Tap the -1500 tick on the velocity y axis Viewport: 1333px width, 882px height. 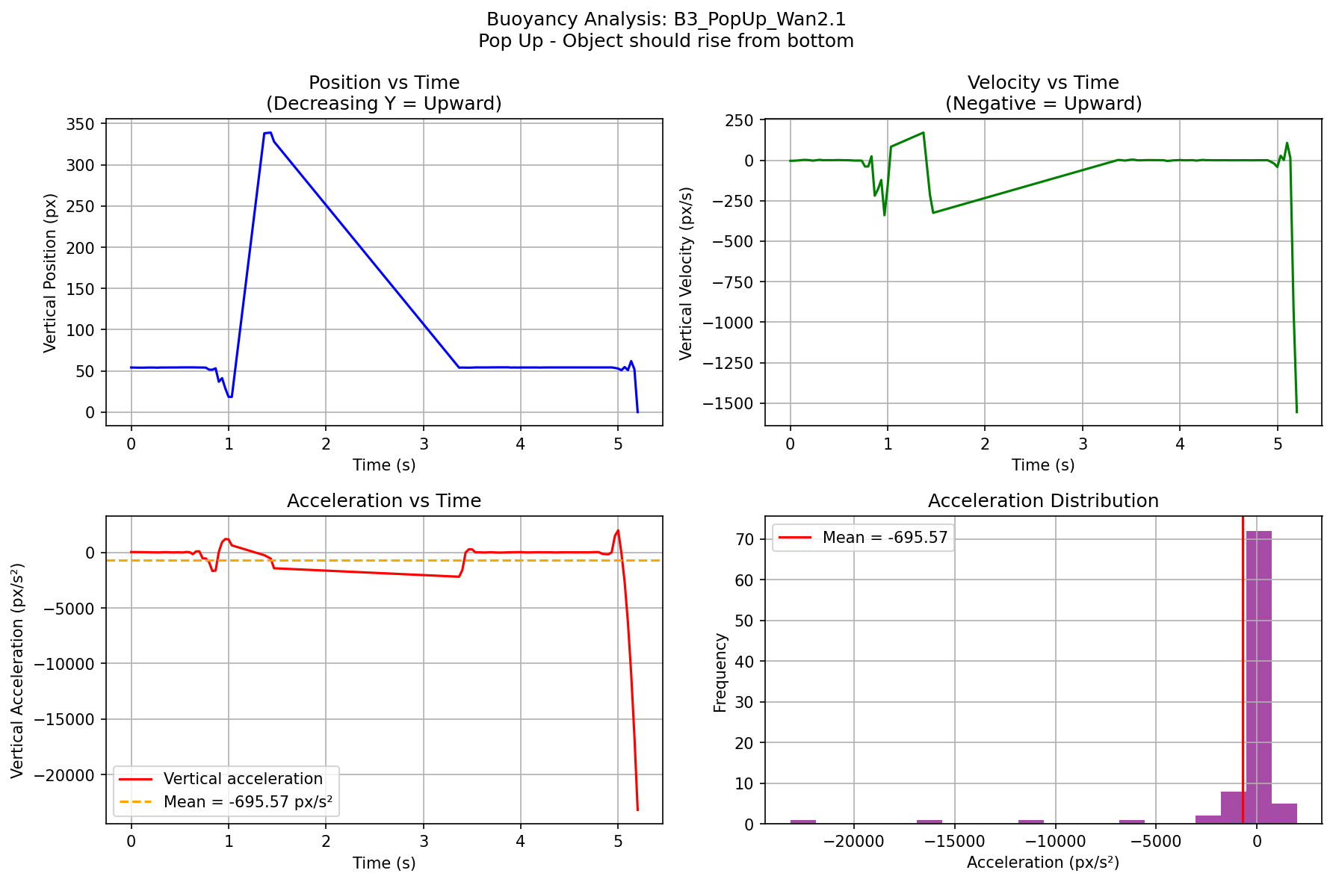coord(732,403)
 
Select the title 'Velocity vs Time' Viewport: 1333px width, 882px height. coord(1042,83)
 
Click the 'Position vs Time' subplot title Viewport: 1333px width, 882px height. coord(384,83)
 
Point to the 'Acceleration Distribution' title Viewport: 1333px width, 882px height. coord(1042,501)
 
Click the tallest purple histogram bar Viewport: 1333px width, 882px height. coord(1258,677)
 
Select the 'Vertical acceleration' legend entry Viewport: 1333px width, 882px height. coord(243,779)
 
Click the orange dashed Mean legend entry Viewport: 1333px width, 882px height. coord(247,802)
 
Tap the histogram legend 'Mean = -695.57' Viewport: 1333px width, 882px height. coord(885,538)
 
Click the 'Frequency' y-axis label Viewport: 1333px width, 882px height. coord(720,672)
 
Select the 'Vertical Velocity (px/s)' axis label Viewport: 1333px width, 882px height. coord(687,273)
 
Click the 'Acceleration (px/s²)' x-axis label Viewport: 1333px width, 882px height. coord(1042,863)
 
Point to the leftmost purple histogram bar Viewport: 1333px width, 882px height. coord(803,822)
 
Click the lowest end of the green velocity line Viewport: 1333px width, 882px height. coord(1296,412)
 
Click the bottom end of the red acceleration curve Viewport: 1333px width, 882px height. coord(637,810)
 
